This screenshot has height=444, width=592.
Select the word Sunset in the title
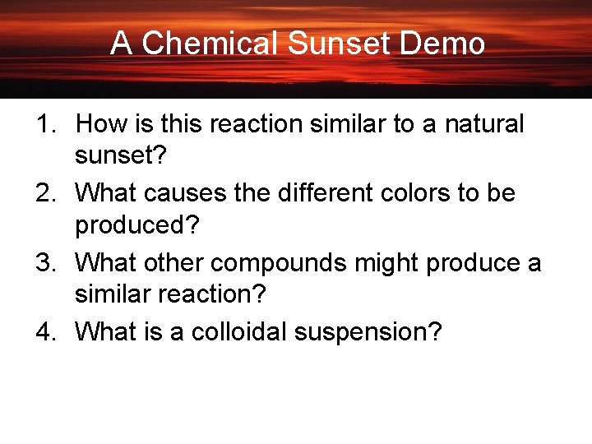pos(340,44)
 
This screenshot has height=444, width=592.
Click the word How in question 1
pos(99,124)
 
